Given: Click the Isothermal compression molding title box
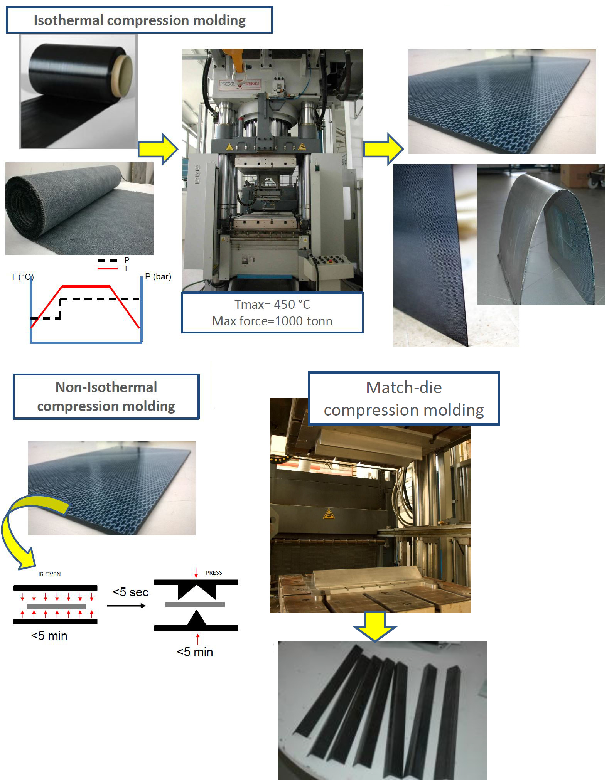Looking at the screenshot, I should [139, 20].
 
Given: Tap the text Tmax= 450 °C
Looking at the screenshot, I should [272, 305].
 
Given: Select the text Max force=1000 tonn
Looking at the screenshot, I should [272, 321].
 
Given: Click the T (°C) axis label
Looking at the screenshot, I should [22, 277].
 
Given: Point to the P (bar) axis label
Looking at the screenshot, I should [158, 276].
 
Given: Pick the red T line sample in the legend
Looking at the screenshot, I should [107, 268].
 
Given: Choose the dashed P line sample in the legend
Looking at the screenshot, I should [107, 260].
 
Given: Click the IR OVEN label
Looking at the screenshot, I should [49, 574].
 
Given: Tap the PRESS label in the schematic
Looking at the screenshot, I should [214, 573].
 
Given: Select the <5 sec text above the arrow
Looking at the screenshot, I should [130, 592].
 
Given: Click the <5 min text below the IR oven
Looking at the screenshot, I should [49, 636].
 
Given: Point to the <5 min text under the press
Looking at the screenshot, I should [195, 652].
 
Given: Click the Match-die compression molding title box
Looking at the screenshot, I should [404, 399].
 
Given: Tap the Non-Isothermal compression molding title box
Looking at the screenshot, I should [106, 397].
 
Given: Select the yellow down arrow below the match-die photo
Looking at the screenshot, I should [374, 626].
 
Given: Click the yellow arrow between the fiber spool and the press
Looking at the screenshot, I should [158, 149].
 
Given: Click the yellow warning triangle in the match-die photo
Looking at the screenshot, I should [329, 514].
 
